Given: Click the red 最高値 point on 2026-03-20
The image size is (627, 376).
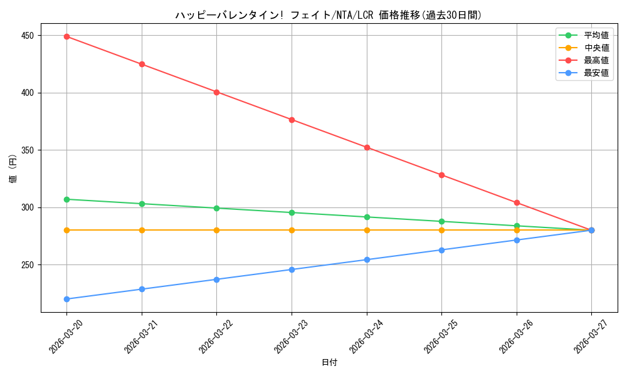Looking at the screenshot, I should (x=66, y=36).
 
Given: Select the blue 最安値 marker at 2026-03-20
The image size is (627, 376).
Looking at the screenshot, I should (x=66, y=299).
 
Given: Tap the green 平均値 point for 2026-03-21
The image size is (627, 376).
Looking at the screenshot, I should (x=142, y=204).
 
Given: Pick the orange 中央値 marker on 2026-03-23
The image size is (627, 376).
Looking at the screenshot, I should (x=292, y=230).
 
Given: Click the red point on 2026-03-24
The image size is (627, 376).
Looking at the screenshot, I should (x=367, y=147).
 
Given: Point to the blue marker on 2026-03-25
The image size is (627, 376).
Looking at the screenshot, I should (x=441, y=250).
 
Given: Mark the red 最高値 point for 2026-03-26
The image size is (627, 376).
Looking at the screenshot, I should (x=517, y=202).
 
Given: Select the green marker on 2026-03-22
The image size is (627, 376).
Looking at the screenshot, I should (x=216, y=208).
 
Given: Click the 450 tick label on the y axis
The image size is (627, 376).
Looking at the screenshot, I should (x=26, y=36).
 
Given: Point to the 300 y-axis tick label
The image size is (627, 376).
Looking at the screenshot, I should (x=26, y=207).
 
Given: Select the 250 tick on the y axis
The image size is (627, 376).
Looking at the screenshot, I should (x=26, y=265).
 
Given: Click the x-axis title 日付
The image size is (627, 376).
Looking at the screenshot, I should (x=329, y=363).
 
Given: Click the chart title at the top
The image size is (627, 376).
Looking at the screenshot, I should (x=329, y=15).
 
